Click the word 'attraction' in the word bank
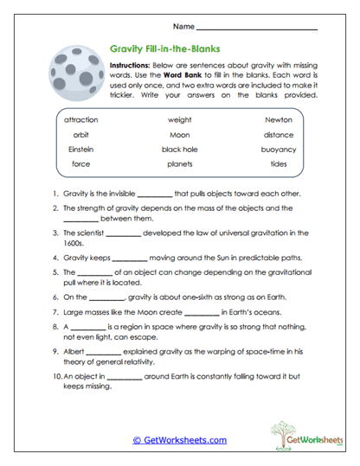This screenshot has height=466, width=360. [80, 119]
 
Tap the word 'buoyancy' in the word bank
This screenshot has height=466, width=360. [279, 149]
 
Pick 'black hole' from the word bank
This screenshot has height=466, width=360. [179, 149]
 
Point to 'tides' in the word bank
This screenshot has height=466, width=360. [279, 163]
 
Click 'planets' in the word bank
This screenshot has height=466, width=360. [179, 163]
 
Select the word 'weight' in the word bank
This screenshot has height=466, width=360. [179, 119]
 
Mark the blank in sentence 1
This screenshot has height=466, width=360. [155, 195]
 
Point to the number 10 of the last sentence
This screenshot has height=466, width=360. [54, 378]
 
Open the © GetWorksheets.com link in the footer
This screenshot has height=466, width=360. [179, 440]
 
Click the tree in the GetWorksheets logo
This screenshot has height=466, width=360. [281, 431]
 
